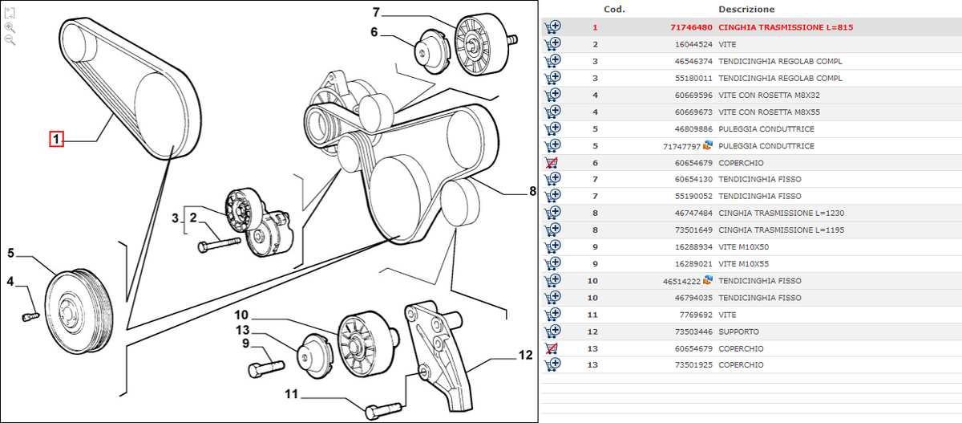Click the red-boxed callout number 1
point(56,140)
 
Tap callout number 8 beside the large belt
point(532,191)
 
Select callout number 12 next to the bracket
point(525,354)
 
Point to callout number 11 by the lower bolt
point(290,394)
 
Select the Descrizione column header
point(746,10)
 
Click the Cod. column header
point(614,10)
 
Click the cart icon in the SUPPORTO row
point(552,331)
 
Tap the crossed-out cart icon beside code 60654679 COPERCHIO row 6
point(552,162)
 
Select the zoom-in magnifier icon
point(10,26)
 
